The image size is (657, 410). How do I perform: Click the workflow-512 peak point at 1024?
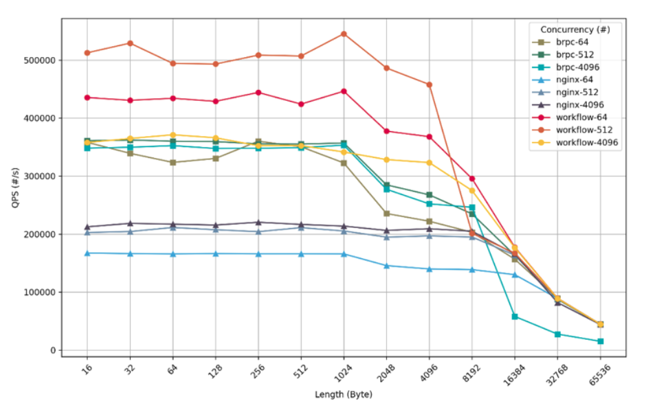tap(344, 34)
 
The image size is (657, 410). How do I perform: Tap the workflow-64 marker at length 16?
tap(87, 98)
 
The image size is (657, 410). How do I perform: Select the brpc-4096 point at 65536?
tap(600, 341)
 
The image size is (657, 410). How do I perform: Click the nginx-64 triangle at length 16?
tap(87, 253)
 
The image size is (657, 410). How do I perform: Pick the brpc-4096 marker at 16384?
tap(515, 317)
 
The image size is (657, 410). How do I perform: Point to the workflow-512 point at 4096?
tap(430, 84)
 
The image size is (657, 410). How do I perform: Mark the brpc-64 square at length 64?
tap(172, 163)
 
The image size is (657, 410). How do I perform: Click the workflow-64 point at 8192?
tap(472, 179)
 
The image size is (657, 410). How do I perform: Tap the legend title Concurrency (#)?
tap(575, 30)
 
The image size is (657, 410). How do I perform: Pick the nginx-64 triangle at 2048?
tap(387, 266)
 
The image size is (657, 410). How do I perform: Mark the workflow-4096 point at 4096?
tap(430, 163)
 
